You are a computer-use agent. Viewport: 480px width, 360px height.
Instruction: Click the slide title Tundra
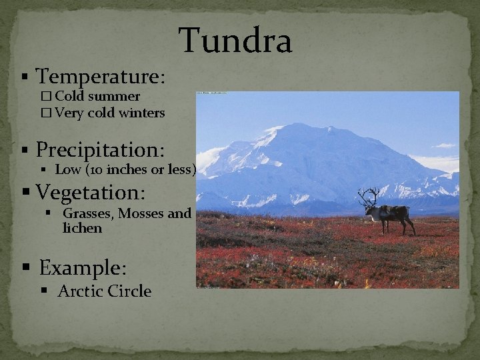(x=236, y=41)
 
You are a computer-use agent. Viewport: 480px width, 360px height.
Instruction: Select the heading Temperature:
(x=101, y=77)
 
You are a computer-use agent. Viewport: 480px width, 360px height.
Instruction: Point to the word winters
(x=141, y=113)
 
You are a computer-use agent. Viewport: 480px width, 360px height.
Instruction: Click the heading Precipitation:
(x=100, y=149)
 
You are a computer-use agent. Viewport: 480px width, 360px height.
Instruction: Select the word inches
(x=132, y=170)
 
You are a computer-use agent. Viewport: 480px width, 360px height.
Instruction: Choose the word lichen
(x=82, y=228)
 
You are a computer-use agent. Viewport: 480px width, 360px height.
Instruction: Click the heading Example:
(x=83, y=268)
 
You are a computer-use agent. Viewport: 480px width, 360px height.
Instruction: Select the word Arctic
(x=79, y=291)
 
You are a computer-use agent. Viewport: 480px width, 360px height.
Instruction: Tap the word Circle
(x=129, y=291)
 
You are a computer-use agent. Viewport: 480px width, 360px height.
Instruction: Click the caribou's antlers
(x=368, y=197)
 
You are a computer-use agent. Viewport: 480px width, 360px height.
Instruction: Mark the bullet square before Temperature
(x=25, y=77)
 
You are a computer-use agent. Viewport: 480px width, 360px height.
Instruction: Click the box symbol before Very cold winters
(x=45, y=113)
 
